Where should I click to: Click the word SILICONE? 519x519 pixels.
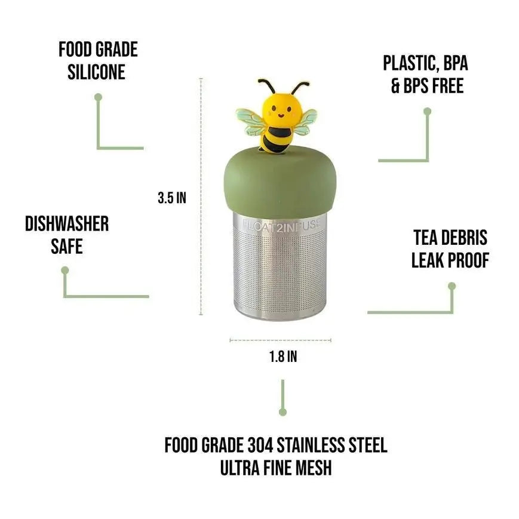pos(96,72)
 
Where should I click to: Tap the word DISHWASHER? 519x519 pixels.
pos(67,224)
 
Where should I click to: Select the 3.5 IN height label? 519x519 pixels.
pos(172,198)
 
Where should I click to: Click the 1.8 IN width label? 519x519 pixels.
pos(283,357)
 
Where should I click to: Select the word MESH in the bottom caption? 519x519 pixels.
pos(309,468)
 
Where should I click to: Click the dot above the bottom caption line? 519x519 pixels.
pos(283,411)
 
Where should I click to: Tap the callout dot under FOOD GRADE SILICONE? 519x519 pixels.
pos(99,96)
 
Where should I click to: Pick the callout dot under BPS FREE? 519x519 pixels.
pos(427,111)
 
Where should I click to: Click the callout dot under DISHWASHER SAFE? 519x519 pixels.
pos(65,270)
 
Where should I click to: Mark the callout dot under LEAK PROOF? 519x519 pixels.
pos(452,286)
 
